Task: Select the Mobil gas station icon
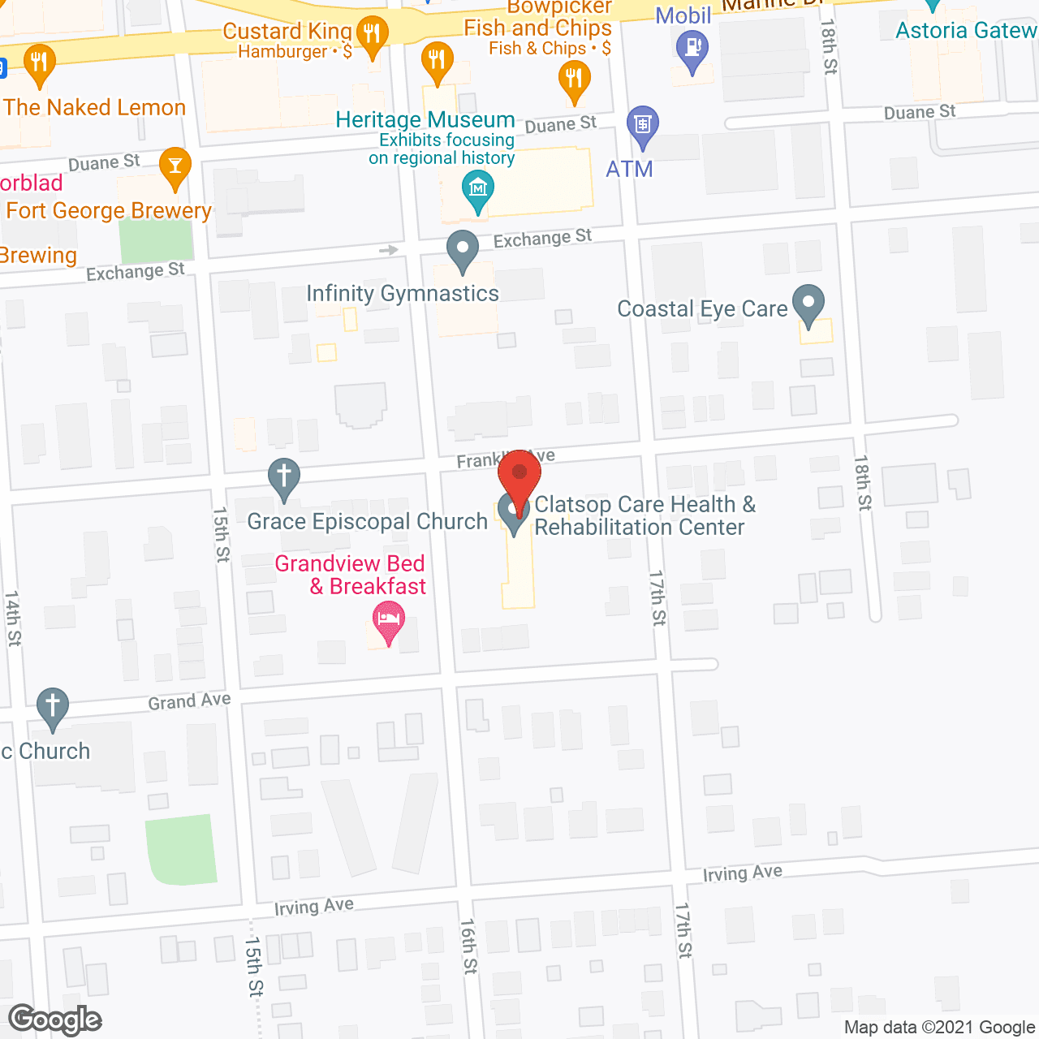pos(692,49)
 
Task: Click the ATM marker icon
pos(643,126)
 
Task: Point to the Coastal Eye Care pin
pos(808,305)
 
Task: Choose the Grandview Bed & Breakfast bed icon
pos(389,622)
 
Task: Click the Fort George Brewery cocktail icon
pos(175,166)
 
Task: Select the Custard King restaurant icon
pos(372,35)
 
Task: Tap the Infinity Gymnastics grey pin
pos(463,249)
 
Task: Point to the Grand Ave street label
pos(189,701)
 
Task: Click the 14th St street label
pos(13,619)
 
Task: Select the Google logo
pos(55,1020)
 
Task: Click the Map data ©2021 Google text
pos(939,1028)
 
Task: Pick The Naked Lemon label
pos(94,107)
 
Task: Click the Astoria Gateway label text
pos(966,31)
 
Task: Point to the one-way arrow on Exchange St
pos(389,250)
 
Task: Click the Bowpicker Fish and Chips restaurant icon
pos(574,79)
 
